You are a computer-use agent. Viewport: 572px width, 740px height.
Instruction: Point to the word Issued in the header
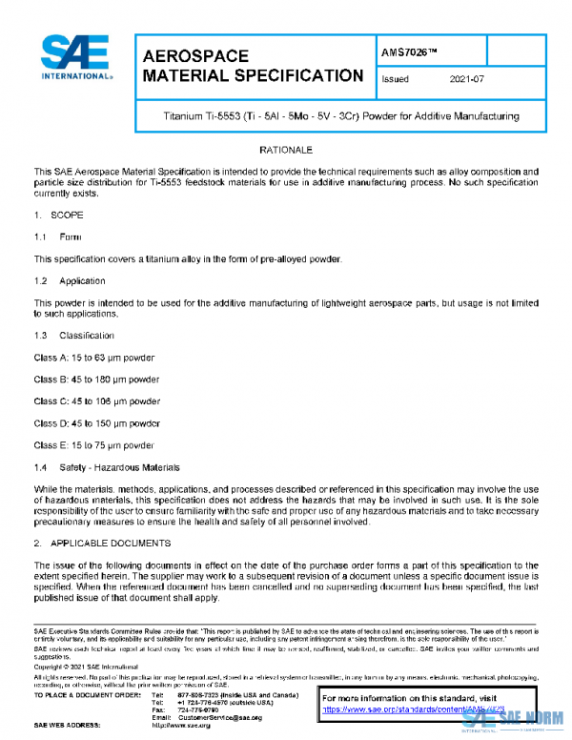pos(395,80)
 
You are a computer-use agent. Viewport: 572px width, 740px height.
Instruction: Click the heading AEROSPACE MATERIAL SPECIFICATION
pos(251,66)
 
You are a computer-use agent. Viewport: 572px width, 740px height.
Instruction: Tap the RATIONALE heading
pos(286,151)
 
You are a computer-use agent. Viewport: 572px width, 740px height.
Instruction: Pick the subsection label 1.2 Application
pos(70,281)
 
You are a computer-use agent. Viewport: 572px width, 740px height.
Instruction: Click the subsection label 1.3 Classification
pos(73,336)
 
